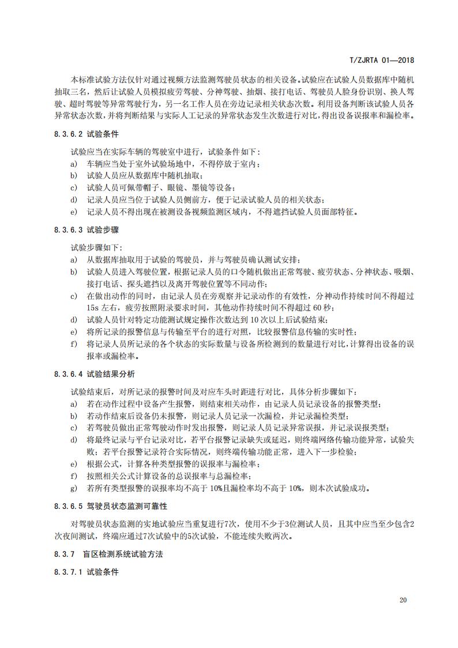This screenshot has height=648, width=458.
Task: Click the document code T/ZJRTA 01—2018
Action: click(383, 59)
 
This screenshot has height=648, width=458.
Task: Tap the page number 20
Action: click(403, 600)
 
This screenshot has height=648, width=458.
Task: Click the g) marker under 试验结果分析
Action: click(73, 488)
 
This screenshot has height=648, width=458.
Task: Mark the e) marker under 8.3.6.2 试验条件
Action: click(73, 212)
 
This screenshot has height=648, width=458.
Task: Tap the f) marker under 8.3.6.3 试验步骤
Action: click(73, 344)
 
